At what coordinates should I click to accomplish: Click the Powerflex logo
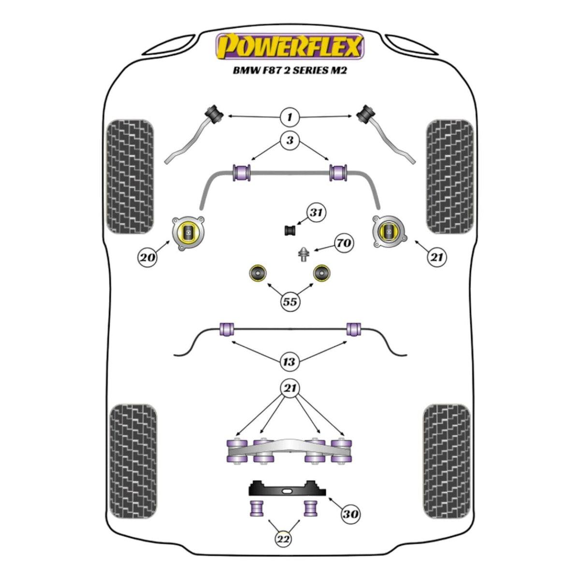[290, 47]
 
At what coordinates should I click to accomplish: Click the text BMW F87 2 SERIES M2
[290, 71]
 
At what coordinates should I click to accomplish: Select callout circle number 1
[290, 117]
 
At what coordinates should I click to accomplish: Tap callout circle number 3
[290, 140]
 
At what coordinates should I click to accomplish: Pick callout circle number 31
[316, 213]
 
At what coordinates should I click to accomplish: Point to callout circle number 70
[344, 243]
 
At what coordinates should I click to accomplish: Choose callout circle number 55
[290, 301]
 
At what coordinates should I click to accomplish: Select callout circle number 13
[289, 362]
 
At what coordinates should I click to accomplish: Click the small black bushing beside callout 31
[290, 231]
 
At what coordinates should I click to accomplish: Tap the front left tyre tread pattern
[130, 177]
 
